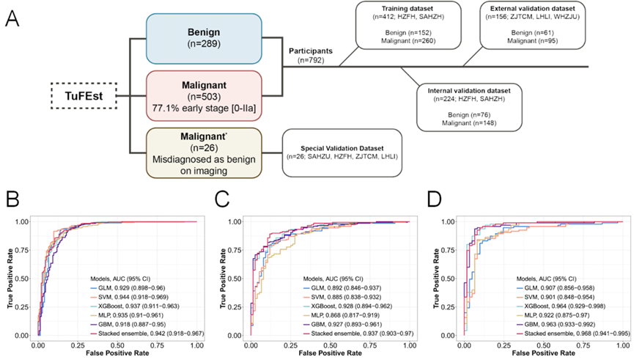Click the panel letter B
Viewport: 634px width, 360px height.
coord(12,200)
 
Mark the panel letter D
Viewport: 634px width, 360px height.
coord(435,200)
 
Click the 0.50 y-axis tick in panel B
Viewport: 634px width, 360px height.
coord(23,278)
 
